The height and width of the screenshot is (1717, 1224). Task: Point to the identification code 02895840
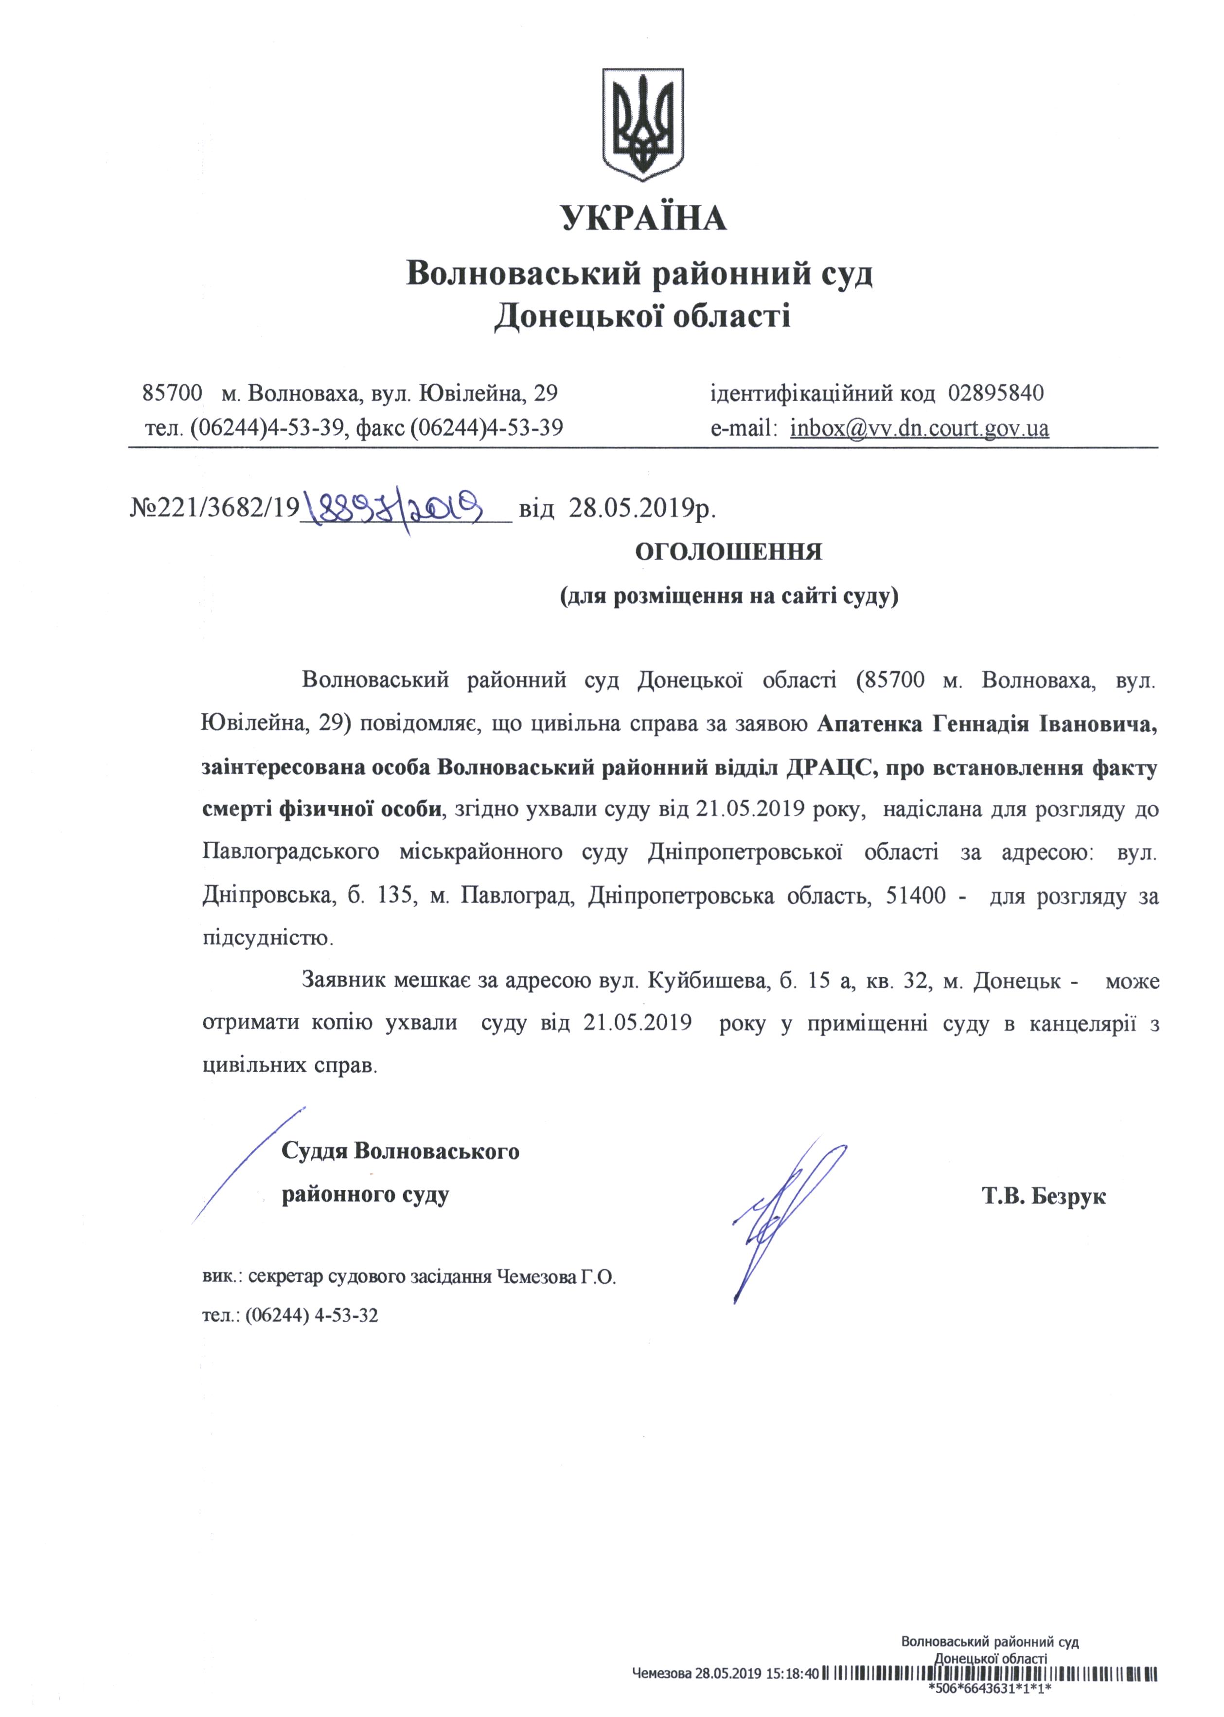tap(995, 393)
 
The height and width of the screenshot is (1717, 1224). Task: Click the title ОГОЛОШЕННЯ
tap(728, 552)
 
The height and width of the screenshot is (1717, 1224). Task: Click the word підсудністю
tap(267, 938)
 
